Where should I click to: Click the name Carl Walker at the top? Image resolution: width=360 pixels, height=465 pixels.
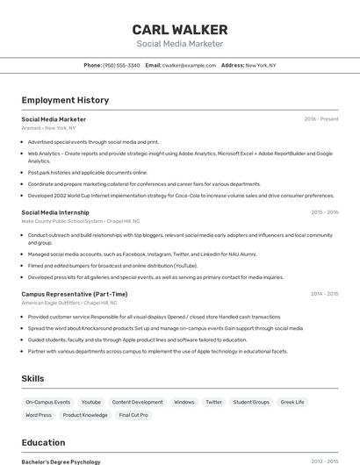pos(180,29)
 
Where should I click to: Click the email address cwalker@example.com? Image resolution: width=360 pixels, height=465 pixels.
pos(189,65)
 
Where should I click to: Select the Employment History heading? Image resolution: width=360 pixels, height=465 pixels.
pos(65,100)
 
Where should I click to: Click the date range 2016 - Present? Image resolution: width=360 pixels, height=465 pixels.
pos(321,119)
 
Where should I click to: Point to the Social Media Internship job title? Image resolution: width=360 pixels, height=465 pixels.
pos(55,212)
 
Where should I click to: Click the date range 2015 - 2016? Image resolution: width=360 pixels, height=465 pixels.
pos(325,212)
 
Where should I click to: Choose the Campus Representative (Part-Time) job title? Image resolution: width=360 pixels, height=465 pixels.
pos(75,294)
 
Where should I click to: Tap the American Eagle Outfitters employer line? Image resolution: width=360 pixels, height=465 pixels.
pos(69,303)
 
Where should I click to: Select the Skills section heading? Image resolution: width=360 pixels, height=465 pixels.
pos(33,378)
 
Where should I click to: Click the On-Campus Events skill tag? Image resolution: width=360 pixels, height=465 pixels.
pos(48,402)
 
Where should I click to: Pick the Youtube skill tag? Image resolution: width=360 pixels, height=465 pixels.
pos(91,402)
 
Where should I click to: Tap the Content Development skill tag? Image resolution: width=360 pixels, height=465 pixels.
pos(137,402)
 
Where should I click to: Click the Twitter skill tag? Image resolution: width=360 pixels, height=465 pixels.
pos(213,402)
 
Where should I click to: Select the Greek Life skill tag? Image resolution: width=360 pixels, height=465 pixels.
pos(292,402)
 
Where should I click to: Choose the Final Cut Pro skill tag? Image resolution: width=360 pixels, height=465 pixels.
pos(133,415)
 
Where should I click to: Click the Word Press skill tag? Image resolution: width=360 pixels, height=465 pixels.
pos(39,415)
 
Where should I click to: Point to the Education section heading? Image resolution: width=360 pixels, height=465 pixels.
pos(43,442)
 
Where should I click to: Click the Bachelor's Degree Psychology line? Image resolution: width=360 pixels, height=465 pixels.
pos(61,461)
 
